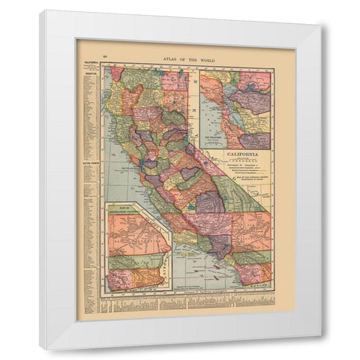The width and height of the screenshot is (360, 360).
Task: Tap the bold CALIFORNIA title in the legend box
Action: coord(237,155)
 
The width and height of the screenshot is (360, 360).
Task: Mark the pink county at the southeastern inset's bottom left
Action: coord(120,280)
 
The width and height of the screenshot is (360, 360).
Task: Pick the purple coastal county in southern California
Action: coord(222,244)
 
